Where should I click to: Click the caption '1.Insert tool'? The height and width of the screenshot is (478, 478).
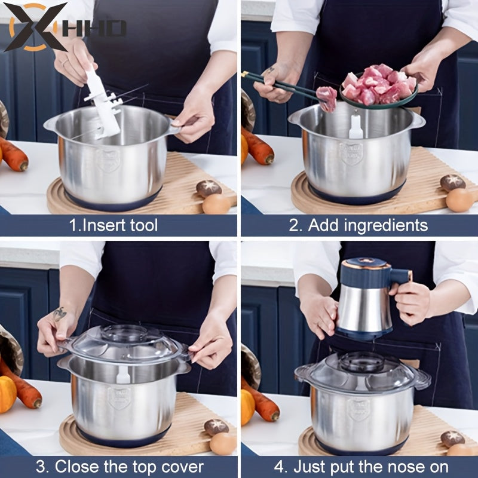click(114, 225)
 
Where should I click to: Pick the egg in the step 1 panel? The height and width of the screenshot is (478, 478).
click(216, 204)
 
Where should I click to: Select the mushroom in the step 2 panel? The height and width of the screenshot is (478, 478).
click(452, 183)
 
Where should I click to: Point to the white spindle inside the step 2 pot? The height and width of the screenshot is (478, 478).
click(356, 127)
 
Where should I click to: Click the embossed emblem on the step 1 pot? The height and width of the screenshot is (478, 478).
click(108, 160)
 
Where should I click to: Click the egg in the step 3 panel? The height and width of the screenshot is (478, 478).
click(223, 443)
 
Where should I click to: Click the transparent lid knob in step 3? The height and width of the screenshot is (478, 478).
click(124, 332)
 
